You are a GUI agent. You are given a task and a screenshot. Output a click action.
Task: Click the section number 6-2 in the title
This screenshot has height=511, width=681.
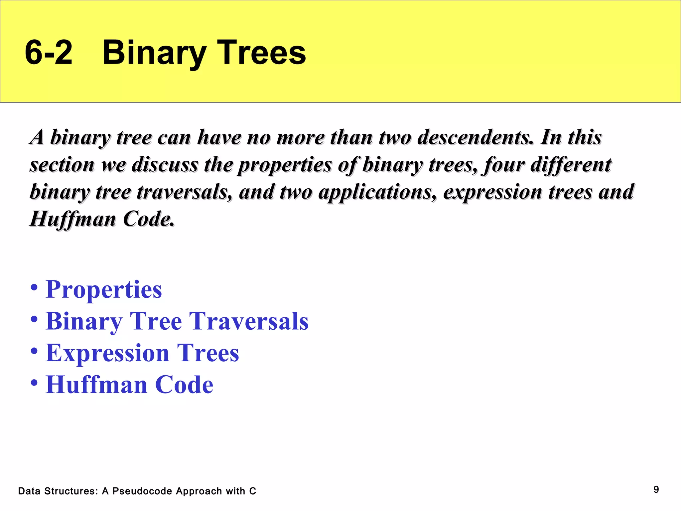(49, 53)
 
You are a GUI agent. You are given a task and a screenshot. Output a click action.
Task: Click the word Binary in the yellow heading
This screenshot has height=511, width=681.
(154, 53)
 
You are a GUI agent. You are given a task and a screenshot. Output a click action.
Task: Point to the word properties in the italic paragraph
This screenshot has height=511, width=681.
(285, 165)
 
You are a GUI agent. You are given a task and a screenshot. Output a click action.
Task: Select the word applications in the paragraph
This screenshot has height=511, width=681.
(377, 192)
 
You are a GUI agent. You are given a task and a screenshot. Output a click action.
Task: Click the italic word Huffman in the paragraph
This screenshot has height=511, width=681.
(72, 219)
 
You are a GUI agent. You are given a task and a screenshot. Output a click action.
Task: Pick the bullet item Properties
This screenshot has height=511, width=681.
(103, 289)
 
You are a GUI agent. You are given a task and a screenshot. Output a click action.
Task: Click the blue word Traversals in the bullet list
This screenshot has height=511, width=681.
(249, 321)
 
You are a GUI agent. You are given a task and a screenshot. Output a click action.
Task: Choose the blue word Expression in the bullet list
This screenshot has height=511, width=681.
(107, 353)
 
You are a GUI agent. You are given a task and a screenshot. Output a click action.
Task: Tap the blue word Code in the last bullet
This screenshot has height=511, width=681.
(184, 385)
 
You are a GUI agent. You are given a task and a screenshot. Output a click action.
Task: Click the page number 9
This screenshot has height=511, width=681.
(656, 489)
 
